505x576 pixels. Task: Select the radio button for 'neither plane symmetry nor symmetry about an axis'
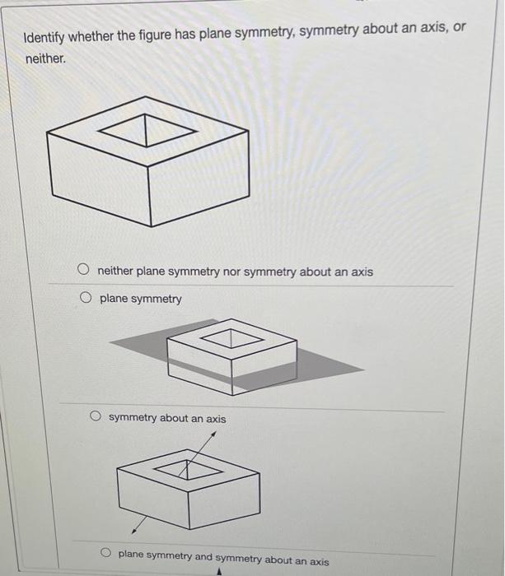click(x=83, y=270)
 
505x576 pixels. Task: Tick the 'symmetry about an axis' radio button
click(x=96, y=417)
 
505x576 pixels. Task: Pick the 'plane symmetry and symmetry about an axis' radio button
click(x=106, y=554)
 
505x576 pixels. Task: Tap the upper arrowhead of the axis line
click(x=216, y=433)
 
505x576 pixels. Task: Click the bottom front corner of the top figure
click(x=150, y=225)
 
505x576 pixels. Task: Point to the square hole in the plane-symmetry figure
click(x=231, y=337)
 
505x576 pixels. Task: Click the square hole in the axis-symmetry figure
click(x=189, y=469)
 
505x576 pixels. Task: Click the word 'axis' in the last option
click(x=317, y=561)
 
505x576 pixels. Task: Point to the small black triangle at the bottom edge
click(x=219, y=569)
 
